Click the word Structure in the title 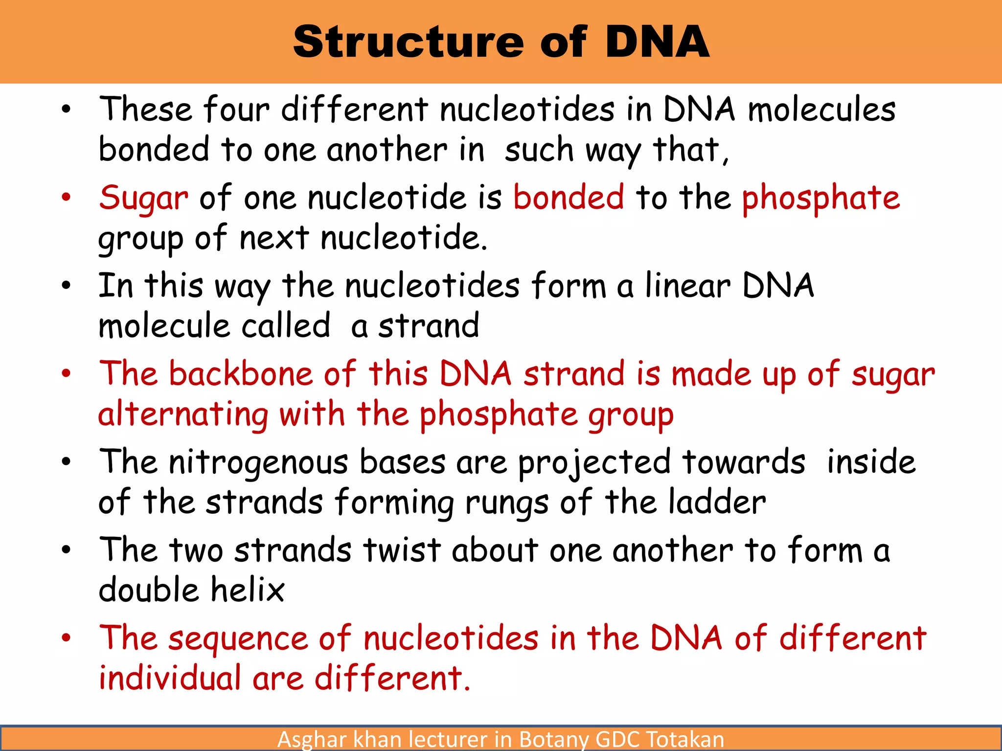(x=409, y=43)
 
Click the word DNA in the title (x=657, y=43)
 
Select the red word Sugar (x=143, y=199)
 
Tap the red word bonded (x=569, y=198)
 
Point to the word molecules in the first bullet (x=821, y=110)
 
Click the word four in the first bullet (x=236, y=110)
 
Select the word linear (x=687, y=286)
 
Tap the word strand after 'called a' (x=429, y=326)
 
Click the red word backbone (x=241, y=374)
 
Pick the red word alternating (x=183, y=415)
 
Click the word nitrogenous (x=258, y=463)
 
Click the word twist (x=402, y=550)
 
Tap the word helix (x=248, y=590)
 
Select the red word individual (x=170, y=679)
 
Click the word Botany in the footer (x=553, y=739)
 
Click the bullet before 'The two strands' (x=67, y=550)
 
